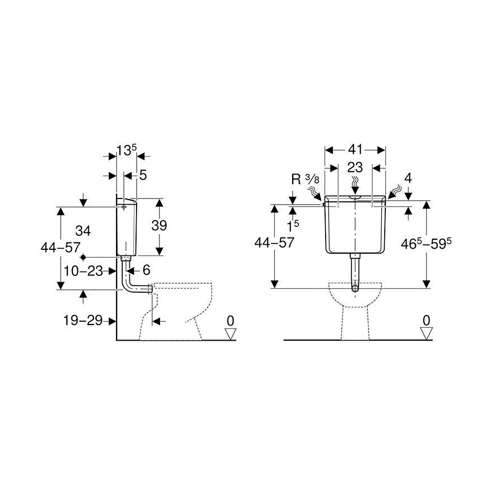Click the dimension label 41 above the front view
point(355,149)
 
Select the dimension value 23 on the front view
point(355,167)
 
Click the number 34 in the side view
point(83,230)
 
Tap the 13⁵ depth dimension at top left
point(126,150)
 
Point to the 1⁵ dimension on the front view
point(293,226)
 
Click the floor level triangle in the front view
point(427,333)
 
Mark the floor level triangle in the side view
point(230,333)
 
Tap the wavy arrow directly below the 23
point(355,182)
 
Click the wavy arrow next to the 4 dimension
point(396,191)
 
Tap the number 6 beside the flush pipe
point(146,270)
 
